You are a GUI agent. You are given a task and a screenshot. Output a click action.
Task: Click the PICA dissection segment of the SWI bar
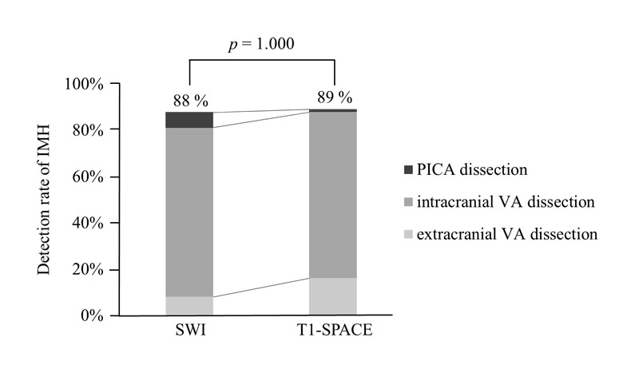pyautogui.click(x=189, y=120)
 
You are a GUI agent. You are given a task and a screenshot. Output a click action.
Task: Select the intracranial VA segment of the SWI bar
pyautogui.click(x=189, y=212)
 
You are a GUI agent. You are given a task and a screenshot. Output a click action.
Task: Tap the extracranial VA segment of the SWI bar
pyautogui.click(x=189, y=306)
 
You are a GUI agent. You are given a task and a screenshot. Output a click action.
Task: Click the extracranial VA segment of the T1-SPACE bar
pyautogui.click(x=333, y=296)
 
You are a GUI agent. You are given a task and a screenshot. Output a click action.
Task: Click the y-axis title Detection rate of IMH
pyautogui.click(x=46, y=198)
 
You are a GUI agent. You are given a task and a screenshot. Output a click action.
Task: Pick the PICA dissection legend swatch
pyautogui.click(x=409, y=170)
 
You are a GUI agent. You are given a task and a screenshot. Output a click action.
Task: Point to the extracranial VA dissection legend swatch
pyautogui.click(x=409, y=235)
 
